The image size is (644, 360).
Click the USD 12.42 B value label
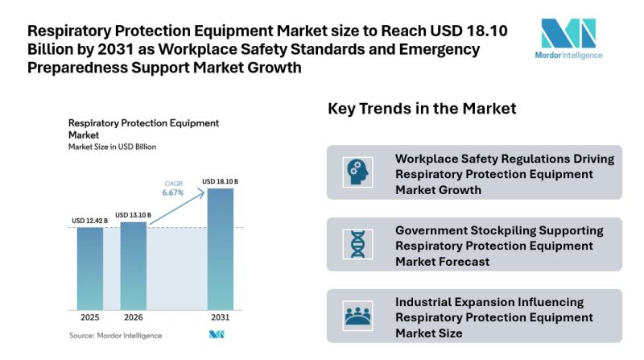(x=90, y=220)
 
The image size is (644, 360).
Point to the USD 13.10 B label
(x=133, y=214)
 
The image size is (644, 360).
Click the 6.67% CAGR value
(x=172, y=192)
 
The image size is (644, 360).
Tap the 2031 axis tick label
(x=220, y=318)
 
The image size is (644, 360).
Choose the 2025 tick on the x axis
(x=90, y=318)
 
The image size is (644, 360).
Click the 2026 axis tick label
(x=134, y=318)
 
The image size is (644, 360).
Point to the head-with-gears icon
(x=354, y=172)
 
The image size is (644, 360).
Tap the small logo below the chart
(x=216, y=335)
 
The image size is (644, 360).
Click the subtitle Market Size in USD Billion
(x=112, y=147)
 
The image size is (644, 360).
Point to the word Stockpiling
(x=492, y=230)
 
